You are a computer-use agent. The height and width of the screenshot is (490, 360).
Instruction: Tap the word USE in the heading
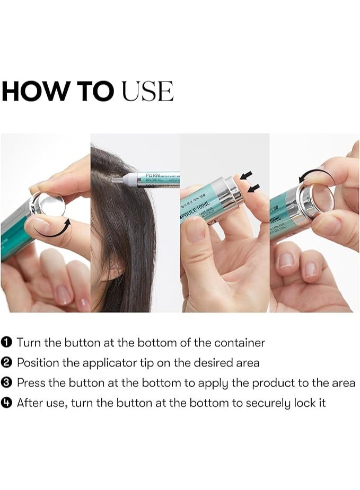[x=147, y=92]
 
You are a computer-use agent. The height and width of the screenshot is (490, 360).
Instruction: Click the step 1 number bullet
[x=8, y=343]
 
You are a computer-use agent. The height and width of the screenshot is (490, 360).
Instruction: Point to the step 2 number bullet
[x=8, y=363]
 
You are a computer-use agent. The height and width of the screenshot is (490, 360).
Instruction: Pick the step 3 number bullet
[x=8, y=383]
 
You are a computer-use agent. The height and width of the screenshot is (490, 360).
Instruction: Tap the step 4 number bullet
[x=8, y=403]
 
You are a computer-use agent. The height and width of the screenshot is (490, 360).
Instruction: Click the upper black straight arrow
[x=245, y=175]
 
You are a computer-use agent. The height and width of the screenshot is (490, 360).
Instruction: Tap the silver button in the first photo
[x=45, y=203]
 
